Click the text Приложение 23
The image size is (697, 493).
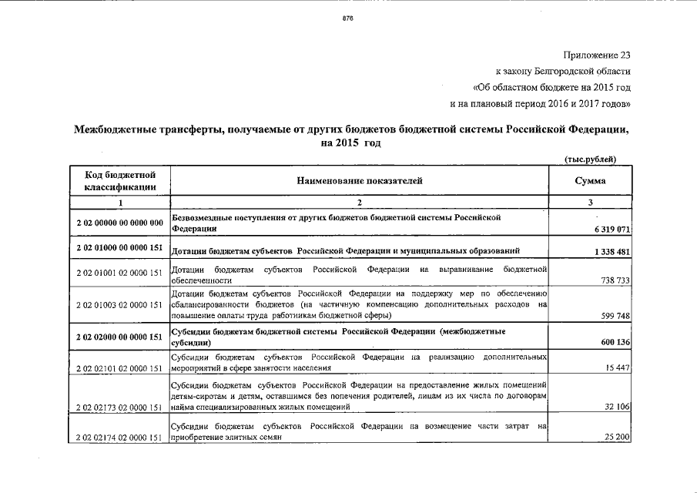pos(597,55)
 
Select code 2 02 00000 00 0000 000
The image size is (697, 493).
pos(119,223)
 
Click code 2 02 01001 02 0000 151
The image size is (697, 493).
pos(119,273)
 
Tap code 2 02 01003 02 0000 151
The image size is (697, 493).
pos(119,305)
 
